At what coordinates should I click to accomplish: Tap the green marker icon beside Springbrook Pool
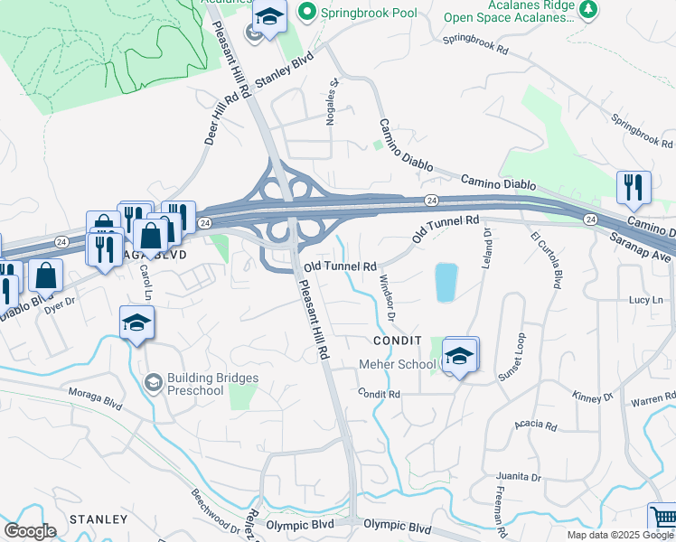[x=307, y=13]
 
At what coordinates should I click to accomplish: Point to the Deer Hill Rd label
[x=208, y=123]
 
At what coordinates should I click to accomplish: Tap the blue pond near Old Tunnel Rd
[x=445, y=283]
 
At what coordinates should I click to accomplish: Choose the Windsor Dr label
[x=388, y=297]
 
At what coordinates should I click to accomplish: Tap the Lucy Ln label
[x=645, y=299]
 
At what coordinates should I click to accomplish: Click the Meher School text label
[x=398, y=364]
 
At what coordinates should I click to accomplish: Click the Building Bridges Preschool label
[x=211, y=384]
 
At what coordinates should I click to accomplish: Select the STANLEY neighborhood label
[x=99, y=519]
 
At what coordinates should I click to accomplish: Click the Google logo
[x=30, y=531]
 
